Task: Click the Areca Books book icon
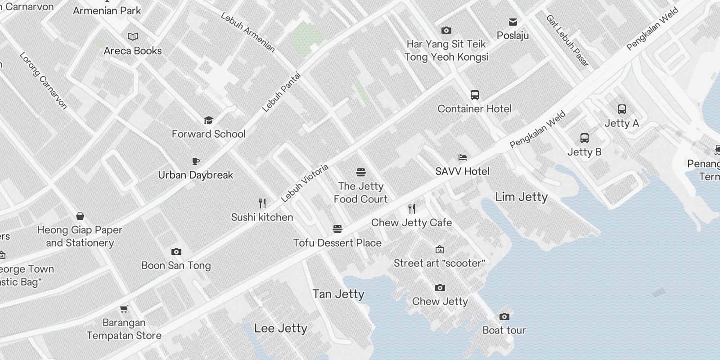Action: tap(133, 36)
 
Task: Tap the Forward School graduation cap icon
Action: tap(208, 120)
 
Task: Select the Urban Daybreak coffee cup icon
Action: tap(195, 161)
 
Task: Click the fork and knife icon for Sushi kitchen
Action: tap(262, 203)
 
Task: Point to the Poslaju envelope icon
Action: tap(513, 22)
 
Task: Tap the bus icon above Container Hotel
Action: tap(474, 95)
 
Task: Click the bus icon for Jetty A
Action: tap(621, 109)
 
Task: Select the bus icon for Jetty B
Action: tap(584, 138)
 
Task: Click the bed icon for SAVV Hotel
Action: tap(462, 157)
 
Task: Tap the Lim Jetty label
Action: tap(521, 197)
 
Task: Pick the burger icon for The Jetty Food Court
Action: tap(360, 172)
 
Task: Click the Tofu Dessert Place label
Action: tap(337, 243)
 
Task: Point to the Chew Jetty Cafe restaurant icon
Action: tap(411, 209)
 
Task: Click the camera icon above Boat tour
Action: tap(504, 316)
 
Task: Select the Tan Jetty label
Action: tap(338, 294)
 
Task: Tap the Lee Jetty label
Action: tap(280, 328)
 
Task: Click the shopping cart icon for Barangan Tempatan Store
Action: tap(124, 309)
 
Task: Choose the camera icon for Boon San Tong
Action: tap(176, 252)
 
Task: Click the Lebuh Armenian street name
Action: tap(247, 32)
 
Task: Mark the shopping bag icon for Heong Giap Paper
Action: tap(80, 216)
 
